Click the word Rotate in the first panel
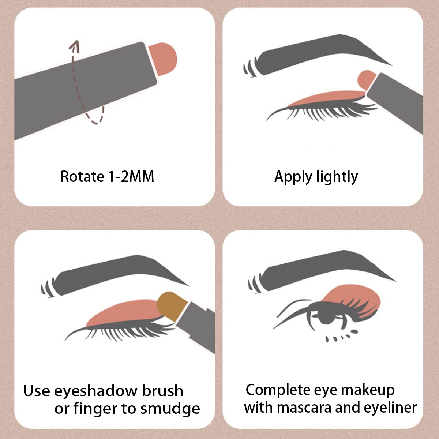tap(82, 177)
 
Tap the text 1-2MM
tap(131, 177)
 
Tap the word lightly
tap(337, 177)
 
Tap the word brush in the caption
tap(162, 391)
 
